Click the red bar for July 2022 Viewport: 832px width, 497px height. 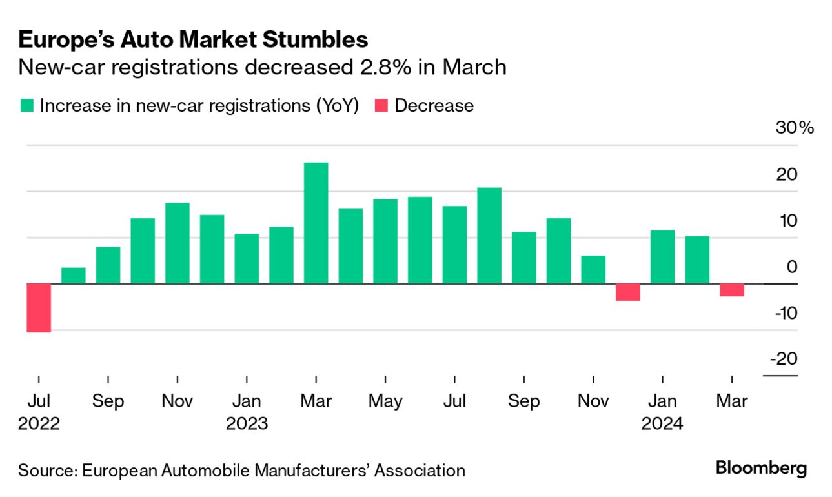[x=39, y=308]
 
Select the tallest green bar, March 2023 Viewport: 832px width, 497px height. [x=316, y=223]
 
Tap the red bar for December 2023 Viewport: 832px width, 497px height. [x=628, y=292]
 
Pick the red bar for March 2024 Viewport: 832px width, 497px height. [x=732, y=290]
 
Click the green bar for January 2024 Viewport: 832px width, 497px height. [x=663, y=257]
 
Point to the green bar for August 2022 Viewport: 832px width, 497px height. [x=74, y=276]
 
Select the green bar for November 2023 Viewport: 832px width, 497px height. [x=593, y=270]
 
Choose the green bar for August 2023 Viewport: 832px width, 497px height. [x=489, y=236]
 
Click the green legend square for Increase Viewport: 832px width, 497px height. [x=26, y=106]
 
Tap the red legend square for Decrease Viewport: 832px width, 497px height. [x=381, y=106]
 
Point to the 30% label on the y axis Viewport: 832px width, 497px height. [x=795, y=127]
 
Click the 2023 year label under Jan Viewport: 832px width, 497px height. [x=247, y=424]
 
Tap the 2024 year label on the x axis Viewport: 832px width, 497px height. [x=662, y=424]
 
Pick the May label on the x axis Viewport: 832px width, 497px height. [x=385, y=401]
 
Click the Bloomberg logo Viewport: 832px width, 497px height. [x=761, y=468]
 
